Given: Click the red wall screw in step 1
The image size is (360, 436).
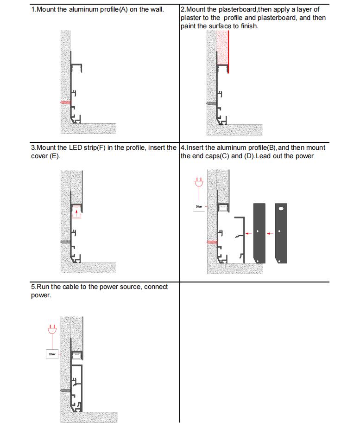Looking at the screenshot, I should [65, 102].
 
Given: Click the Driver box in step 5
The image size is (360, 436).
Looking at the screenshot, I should [52, 354].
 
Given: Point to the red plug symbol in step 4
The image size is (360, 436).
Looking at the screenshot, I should [199, 182].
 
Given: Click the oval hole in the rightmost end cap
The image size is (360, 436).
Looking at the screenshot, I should [281, 209].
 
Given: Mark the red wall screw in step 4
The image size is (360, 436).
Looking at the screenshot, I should [211, 242].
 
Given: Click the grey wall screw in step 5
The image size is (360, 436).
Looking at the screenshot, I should [65, 391].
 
